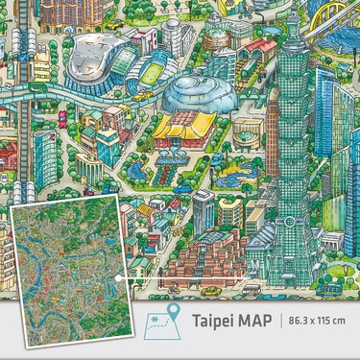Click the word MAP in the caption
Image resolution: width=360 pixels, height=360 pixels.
tap(254, 320)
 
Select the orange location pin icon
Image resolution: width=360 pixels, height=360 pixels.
tap(173, 314)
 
